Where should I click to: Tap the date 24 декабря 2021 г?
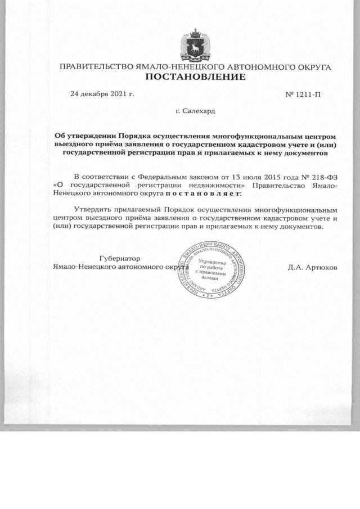coord(102,94)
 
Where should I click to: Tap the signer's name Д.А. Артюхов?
coord(313,267)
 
